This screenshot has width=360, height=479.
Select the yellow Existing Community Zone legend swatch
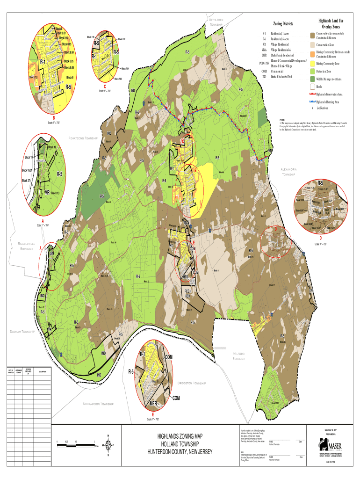tap(312, 63)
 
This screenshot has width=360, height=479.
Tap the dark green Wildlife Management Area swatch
tap(312, 79)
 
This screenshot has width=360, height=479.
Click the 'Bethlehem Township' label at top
tap(219, 22)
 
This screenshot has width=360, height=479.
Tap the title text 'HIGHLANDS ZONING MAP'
tap(180, 436)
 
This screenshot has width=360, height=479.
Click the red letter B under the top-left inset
tap(54, 117)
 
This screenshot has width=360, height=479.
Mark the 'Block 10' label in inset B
tap(34, 77)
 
